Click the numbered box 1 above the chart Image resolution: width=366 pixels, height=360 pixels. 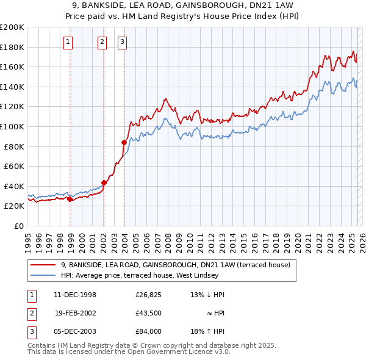click(67, 42)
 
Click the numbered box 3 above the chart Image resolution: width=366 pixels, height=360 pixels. click(122, 42)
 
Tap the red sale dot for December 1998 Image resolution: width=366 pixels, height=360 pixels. click(70, 199)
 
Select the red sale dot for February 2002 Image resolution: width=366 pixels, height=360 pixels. click(104, 182)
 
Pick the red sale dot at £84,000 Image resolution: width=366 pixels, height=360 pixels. click(124, 142)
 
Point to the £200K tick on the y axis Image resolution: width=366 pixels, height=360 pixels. click(13, 27)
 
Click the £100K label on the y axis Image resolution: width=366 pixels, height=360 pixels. click(13, 126)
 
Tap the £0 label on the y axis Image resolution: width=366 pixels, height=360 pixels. click(18, 226)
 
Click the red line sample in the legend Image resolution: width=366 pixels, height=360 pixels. click(43, 265)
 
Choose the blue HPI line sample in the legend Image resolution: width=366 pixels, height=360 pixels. click(43, 275)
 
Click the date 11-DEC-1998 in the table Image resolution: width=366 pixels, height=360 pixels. click(75, 295)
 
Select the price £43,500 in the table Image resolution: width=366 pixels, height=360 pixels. click(148, 313)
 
